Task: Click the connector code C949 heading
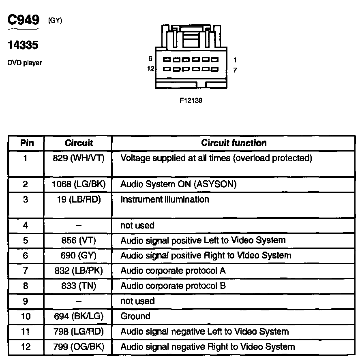24,20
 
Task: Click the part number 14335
23,45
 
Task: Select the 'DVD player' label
24,63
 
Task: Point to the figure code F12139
191,100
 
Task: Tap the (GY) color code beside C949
55,21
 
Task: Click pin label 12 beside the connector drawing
150,69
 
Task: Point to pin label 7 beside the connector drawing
235,70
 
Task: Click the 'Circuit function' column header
234,143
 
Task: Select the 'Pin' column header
27,143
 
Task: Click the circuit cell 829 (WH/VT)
79,158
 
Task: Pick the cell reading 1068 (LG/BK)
79,184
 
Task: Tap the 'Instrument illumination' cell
165,199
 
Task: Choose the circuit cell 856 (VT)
79,240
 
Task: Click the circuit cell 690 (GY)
79,256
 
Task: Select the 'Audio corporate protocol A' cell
173,271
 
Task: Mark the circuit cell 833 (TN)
79,286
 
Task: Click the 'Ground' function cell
135,316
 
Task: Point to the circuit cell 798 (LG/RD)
79,332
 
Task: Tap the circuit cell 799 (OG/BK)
79,347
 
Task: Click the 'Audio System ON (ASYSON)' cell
178,184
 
